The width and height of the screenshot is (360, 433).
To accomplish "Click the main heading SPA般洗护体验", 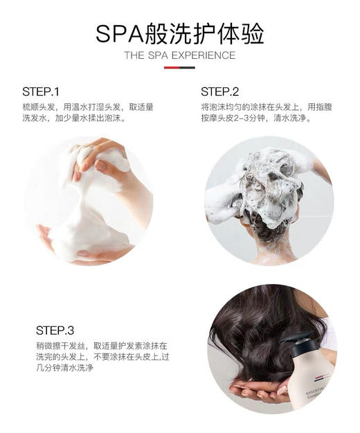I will (179, 32).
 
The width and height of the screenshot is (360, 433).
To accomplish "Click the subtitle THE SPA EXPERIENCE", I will (179, 55).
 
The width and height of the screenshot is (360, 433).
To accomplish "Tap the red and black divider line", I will (179, 67).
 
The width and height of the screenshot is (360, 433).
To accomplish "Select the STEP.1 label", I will (41, 91).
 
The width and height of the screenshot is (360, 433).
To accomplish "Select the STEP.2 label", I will (219, 91).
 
